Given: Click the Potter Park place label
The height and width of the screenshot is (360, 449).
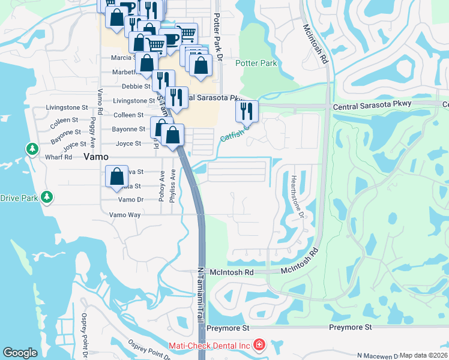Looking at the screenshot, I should click(x=256, y=63).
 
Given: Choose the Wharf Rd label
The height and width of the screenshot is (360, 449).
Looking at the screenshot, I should click(x=58, y=157).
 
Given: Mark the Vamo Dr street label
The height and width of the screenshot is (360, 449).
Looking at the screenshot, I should click(x=131, y=200).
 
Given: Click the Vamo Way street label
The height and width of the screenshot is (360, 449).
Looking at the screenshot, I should click(x=125, y=214).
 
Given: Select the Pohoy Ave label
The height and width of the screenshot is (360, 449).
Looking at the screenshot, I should click(x=161, y=185).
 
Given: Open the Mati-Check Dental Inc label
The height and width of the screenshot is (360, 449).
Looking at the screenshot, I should click(x=208, y=345).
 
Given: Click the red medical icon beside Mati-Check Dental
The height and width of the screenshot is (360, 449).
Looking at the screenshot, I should click(x=259, y=345).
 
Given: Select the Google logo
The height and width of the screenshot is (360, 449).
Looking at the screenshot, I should click(x=20, y=353).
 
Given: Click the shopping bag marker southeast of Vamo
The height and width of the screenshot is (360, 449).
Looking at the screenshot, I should click(x=117, y=176).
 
